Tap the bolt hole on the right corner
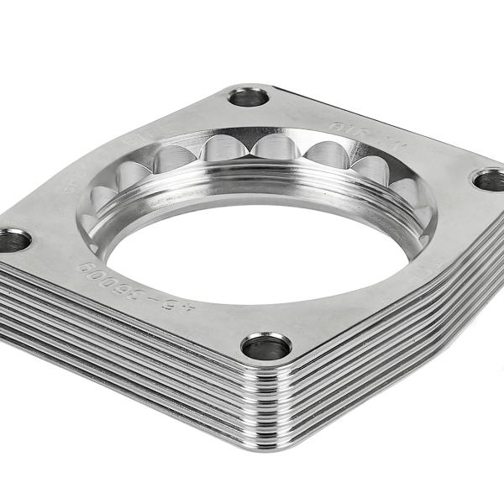click(x=489, y=179)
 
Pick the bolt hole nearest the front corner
click(x=266, y=345)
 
